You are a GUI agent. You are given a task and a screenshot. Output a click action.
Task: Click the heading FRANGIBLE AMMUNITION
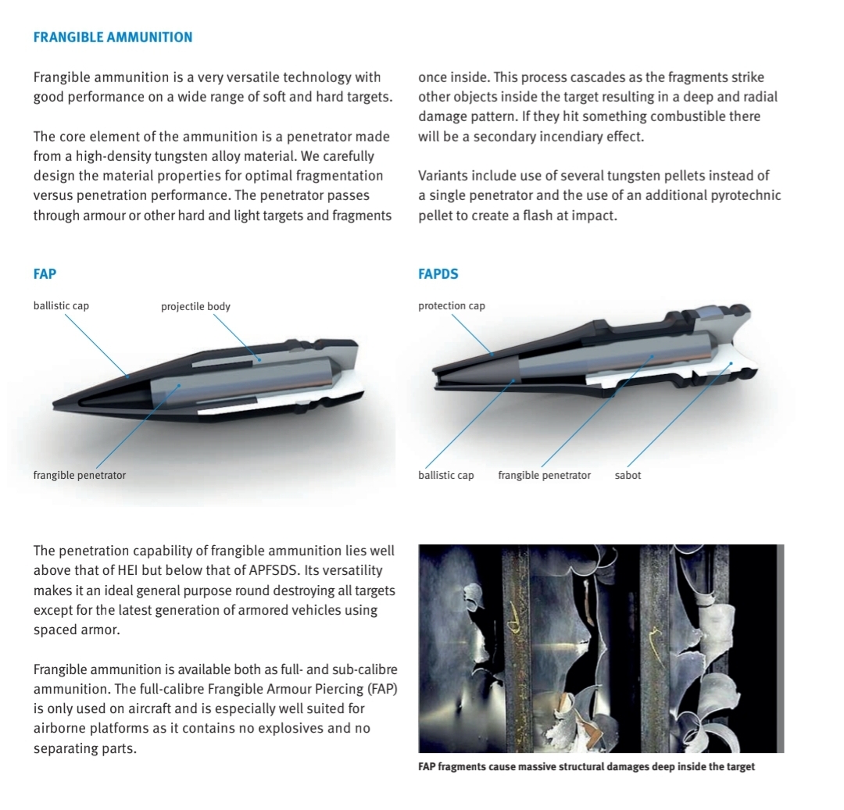(x=113, y=37)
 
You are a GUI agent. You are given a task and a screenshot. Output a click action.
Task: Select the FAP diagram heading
(x=45, y=274)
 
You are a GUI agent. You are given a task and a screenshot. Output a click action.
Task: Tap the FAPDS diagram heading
(x=438, y=274)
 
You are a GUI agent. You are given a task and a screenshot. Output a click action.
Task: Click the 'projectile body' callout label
(x=195, y=306)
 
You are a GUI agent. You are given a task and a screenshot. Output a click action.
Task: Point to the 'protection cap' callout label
(x=452, y=305)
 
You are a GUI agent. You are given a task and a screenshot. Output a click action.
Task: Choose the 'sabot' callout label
(x=628, y=475)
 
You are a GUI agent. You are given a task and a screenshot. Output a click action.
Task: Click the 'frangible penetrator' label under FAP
(x=79, y=475)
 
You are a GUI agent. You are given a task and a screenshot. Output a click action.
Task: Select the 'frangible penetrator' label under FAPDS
(x=544, y=475)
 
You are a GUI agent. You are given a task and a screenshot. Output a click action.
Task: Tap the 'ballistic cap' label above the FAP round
(x=61, y=305)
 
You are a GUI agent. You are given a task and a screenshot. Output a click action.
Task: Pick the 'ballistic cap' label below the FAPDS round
(x=446, y=475)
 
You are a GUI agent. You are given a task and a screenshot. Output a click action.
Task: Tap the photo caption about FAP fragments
(x=586, y=766)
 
